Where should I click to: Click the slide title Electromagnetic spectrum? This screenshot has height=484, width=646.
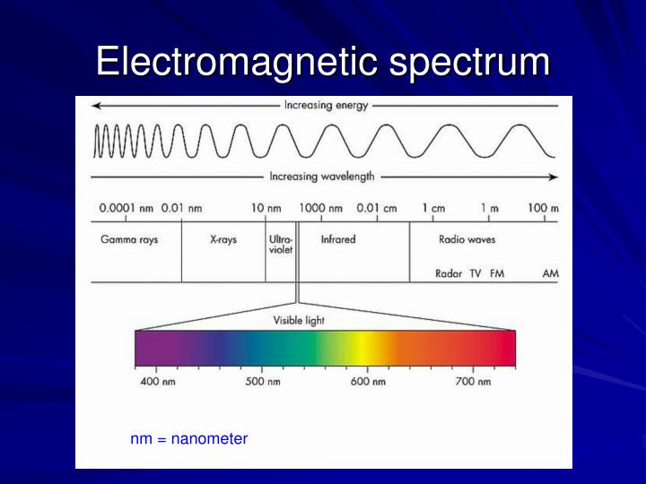tap(323, 63)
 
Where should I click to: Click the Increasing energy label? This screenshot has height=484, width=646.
tap(326, 105)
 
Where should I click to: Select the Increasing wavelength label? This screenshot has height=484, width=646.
tap(322, 177)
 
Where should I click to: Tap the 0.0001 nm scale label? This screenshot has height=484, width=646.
tap(125, 208)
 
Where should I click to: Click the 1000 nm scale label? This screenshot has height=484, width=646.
tap(321, 208)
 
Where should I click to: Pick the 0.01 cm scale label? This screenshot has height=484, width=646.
tap(377, 208)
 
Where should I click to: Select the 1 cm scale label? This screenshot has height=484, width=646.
tap(433, 208)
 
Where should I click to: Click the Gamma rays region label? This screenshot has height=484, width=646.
tap(129, 240)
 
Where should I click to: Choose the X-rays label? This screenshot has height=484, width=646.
tap(223, 240)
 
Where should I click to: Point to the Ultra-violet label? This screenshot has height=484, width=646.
tap(281, 245)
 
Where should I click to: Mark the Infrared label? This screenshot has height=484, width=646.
tap(338, 239)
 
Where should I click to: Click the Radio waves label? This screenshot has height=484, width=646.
tap(467, 239)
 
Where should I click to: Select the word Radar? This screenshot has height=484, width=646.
tap(449, 273)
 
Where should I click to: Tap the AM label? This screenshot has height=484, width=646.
tap(551, 273)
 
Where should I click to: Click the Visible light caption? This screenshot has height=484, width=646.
tap(299, 320)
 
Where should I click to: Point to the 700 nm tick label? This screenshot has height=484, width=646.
tap(473, 382)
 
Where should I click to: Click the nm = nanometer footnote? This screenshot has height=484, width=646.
tap(189, 439)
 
